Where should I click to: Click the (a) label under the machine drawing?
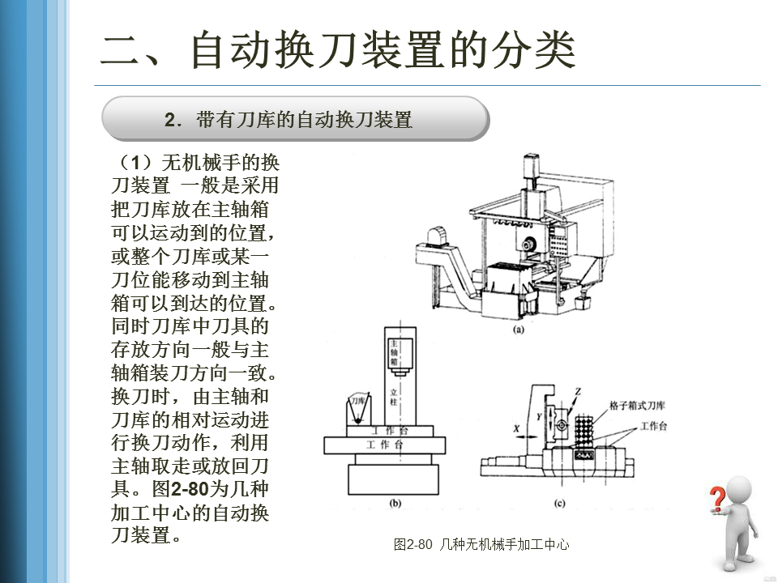[519, 330]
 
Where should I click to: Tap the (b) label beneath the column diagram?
[395, 503]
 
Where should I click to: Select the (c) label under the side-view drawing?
[559, 503]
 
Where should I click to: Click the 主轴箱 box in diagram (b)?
[395, 354]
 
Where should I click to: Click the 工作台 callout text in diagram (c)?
[653, 425]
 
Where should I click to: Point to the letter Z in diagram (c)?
[579, 393]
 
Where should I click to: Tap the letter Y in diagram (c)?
[539, 416]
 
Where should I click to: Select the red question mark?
[717, 499]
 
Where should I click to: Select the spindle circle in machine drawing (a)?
[530, 244]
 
